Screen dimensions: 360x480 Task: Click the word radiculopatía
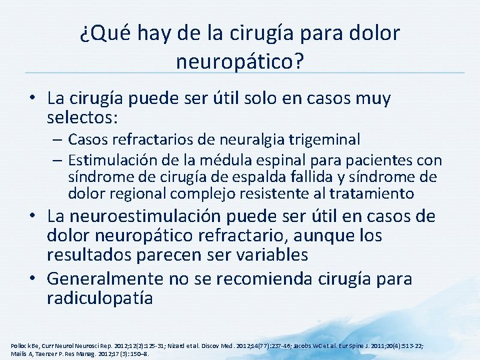point(100,297)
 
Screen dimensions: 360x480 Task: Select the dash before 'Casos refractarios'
point(56,139)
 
